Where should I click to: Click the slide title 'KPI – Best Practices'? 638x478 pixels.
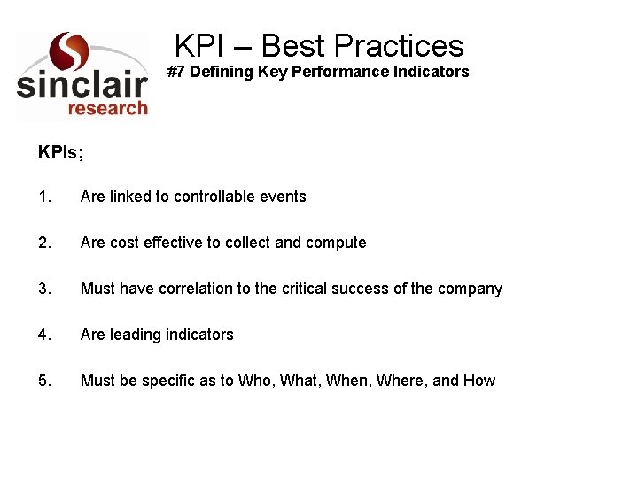319,45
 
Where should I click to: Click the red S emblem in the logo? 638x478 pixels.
70,52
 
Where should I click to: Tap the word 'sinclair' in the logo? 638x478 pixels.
82,85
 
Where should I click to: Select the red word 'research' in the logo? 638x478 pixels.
107,108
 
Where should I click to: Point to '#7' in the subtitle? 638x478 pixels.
176,72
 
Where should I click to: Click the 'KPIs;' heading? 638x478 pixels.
61,152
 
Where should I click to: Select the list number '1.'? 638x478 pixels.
44,197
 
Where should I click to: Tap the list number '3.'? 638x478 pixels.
44,289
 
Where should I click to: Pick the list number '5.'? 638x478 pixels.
44,381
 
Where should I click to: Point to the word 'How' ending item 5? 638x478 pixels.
479,381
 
